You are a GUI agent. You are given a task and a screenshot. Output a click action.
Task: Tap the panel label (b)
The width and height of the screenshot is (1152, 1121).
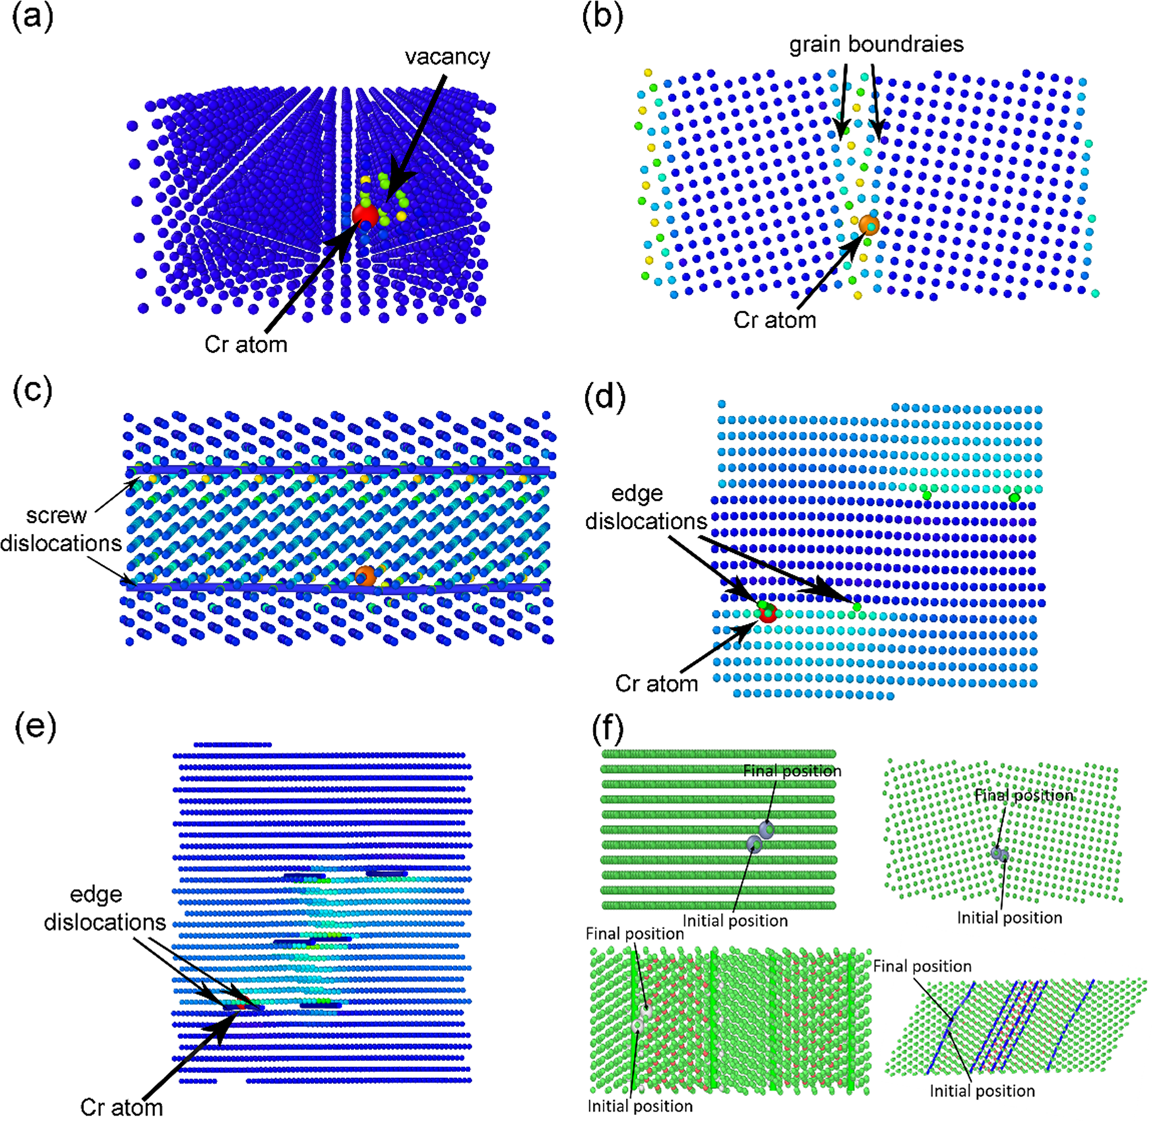(x=602, y=18)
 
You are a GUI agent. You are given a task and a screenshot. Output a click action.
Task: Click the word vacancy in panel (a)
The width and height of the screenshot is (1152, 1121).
(x=447, y=57)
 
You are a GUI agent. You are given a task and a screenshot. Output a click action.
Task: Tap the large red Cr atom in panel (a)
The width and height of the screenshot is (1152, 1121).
(x=364, y=215)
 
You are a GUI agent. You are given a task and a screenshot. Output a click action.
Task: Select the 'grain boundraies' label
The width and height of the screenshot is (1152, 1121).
(x=876, y=44)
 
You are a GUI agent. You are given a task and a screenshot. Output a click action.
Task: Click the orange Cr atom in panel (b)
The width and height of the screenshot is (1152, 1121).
(x=869, y=224)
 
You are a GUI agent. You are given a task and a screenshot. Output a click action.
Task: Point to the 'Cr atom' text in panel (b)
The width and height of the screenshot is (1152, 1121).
(x=774, y=320)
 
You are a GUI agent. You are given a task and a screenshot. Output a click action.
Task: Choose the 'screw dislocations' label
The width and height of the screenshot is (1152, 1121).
(x=61, y=529)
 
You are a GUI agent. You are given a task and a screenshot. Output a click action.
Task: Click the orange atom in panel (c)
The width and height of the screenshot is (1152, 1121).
(x=365, y=576)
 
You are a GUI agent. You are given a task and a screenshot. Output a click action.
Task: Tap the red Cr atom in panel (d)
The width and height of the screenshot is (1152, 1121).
(x=767, y=613)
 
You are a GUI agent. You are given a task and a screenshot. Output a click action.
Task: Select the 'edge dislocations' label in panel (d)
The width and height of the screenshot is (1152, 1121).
(x=645, y=507)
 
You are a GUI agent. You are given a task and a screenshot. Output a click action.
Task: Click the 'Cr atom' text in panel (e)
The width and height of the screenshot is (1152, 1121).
(x=121, y=1107)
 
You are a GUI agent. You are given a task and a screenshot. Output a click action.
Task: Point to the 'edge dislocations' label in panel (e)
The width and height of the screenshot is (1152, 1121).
(x=104, y=908)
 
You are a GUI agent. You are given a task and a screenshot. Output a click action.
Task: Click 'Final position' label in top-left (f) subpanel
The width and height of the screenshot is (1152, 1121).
(x=792, y=770)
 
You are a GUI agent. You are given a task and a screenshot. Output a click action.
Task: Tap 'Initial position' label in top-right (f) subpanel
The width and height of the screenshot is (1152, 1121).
(x=1009, y=918)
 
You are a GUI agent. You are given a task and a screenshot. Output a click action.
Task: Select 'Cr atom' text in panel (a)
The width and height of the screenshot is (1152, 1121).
(x=246, y=344)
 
